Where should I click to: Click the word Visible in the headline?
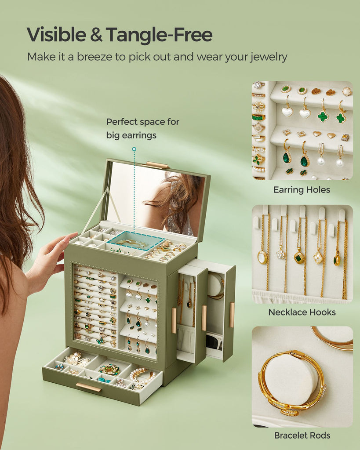pos(57,35)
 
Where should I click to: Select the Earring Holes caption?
pos(302,190)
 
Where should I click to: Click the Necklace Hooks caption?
pos(302,312)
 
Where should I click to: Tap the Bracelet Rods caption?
pos(302,435)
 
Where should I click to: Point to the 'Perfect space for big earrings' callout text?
pos(143,128)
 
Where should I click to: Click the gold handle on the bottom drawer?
pos(88,387)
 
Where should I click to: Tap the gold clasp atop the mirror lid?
pos(157,165)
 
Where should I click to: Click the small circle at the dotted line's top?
pos(134,149)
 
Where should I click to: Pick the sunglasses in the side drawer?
pos(214,341)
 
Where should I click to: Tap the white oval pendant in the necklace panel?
pos(262,257)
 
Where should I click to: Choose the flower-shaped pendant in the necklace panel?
pos(280,254)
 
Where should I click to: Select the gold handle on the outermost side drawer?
pos(232,315)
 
